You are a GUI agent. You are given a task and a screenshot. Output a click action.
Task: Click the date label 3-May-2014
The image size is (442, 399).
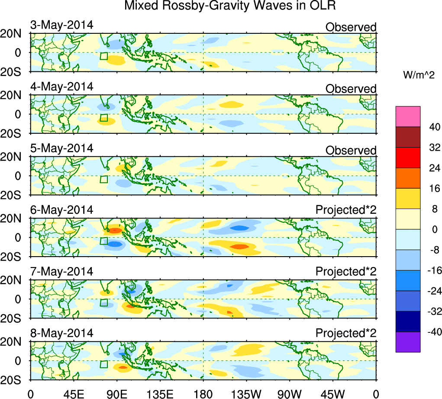(x=61, y=25)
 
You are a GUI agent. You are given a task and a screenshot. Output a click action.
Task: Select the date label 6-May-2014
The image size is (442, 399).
(x=61, y=210)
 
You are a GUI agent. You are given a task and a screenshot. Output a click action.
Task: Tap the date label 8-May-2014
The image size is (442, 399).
(x=61, y=333)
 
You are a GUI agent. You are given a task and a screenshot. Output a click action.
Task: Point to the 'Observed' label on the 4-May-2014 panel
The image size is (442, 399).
(x=351, y=89)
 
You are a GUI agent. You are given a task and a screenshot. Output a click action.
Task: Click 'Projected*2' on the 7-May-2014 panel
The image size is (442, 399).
(x=346, y=272)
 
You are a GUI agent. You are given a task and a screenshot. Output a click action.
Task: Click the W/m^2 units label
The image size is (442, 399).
(x=419, y=75)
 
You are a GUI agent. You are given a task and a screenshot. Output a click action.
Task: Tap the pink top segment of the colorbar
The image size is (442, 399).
(x=408, y=116)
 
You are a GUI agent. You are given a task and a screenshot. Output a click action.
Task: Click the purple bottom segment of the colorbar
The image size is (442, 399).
(x=408, y=342)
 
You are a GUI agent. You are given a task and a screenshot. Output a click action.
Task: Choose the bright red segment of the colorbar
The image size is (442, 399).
(x=408, y=158)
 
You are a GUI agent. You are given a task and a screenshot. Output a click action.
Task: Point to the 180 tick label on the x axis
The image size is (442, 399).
(x=203, y=393)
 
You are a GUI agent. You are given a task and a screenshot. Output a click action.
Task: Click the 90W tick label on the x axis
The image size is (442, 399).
(x=289, y=393)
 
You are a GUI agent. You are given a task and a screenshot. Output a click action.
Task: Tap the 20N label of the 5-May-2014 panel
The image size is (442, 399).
(x=13, y=158)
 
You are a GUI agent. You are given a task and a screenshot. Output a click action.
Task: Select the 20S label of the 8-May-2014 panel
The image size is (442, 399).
(x=13, y=380)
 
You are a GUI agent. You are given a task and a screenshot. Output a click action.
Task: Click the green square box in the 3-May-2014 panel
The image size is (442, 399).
(x=103, y=56)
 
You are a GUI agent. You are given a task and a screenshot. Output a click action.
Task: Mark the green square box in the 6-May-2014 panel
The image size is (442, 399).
(x=103, y=241)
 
